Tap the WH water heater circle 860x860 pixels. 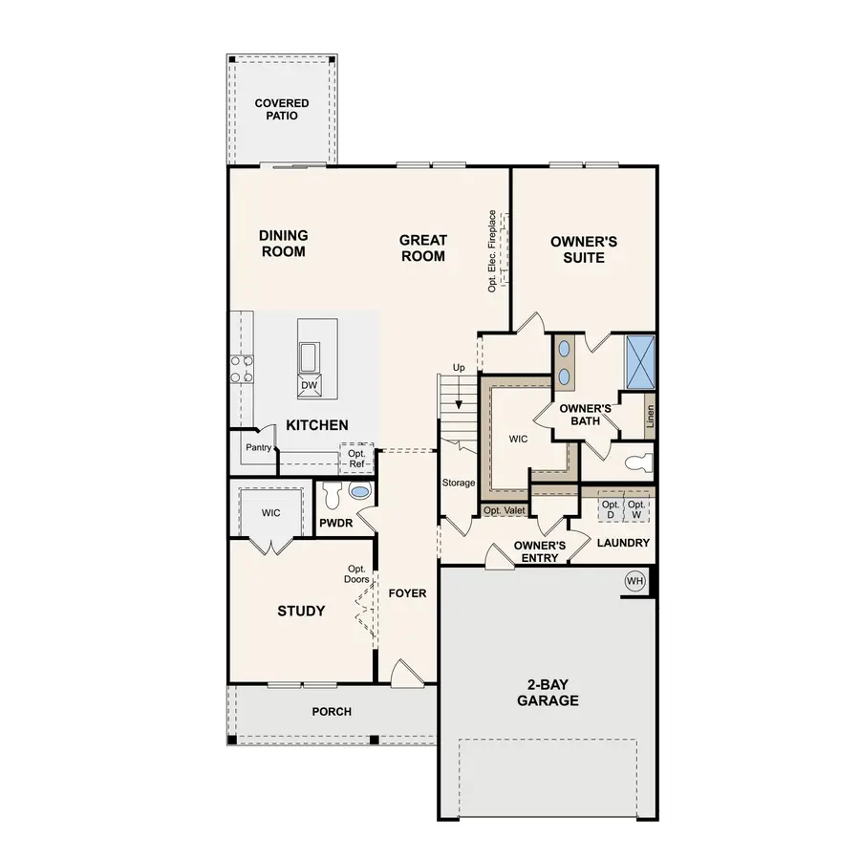click(x=634, y=580)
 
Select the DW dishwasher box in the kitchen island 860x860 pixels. click(x=309, y=385)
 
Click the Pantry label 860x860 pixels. click(x=259, y=446)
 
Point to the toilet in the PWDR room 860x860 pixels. click(x=332, y=495)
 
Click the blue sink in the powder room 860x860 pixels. click(x=360, y=492)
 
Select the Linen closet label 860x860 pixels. click(x=650, y=418)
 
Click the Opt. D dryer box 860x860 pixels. click(x=611, y=509)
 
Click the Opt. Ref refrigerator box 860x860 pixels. click(x=357, y=458)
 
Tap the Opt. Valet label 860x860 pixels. click(x=504, y=511)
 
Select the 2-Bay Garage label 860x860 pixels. click(x=548, y=692)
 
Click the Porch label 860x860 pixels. click(x=332, y=712)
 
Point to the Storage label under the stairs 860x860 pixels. click(x=459, y=483)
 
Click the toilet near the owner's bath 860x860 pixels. click(x=635, y=462)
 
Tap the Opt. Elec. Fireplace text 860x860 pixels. click(x=492, y=250)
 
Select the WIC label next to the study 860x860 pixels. click(x=270, y=513)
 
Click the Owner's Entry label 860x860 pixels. click(x=539, y=551)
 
